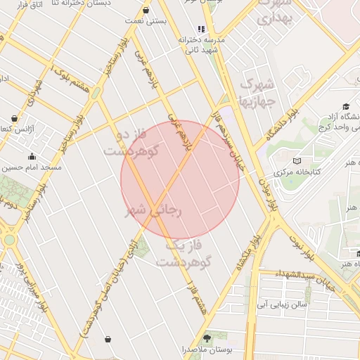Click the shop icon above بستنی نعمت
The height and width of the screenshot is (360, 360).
tap(146, 11)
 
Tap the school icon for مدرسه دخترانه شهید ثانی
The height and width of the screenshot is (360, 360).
tap(201, 30)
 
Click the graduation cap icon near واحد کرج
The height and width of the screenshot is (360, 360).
tap(346, 106)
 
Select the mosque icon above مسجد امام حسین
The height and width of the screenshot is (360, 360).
tap(31, 157)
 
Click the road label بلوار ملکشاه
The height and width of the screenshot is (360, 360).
tap(239, 251)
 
